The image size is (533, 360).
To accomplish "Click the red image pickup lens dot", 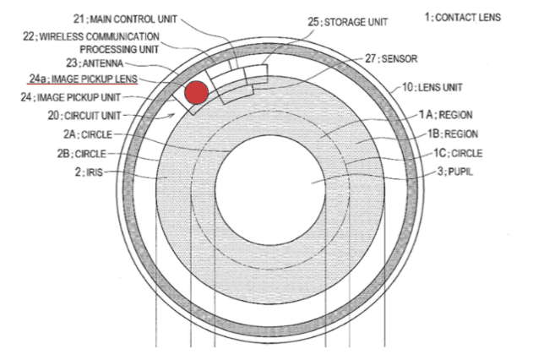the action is point(197,92).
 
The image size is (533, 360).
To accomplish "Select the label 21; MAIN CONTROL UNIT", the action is point(125,19).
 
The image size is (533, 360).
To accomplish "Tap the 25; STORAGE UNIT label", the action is point(348,22).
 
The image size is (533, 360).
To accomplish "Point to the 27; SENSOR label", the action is point(391,59).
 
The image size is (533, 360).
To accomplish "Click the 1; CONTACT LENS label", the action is point(463,18).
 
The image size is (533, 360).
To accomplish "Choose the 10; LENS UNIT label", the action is point(432,87).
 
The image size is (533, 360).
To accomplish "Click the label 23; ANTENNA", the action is point(95,63).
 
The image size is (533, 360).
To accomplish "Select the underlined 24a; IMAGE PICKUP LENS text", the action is point(83,79).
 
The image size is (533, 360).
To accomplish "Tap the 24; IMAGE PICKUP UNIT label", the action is point(71,97).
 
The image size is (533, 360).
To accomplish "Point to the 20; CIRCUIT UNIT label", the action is point(84,116).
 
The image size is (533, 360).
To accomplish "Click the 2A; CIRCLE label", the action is point(88,134).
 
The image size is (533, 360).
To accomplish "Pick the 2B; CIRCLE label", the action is point(82,154).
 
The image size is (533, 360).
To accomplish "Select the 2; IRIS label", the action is point(89,172).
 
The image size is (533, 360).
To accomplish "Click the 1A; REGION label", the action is point(445,115).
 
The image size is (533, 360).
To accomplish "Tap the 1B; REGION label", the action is point(453,134).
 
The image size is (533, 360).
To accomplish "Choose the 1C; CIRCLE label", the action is point(458,153).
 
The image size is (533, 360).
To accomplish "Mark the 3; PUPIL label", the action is point(454,172).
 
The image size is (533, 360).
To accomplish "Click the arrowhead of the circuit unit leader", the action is point(173,115).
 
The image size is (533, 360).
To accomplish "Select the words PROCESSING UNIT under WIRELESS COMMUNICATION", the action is point(119,49).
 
